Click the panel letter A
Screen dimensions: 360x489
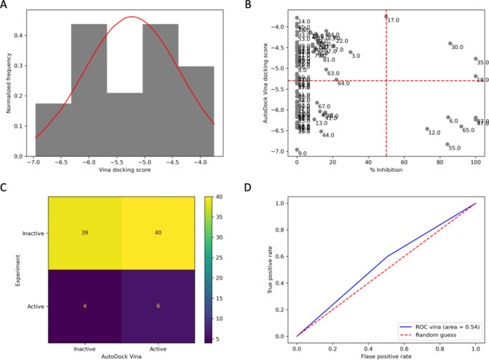click(6, 6)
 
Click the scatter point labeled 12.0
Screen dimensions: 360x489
click(427, 129)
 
